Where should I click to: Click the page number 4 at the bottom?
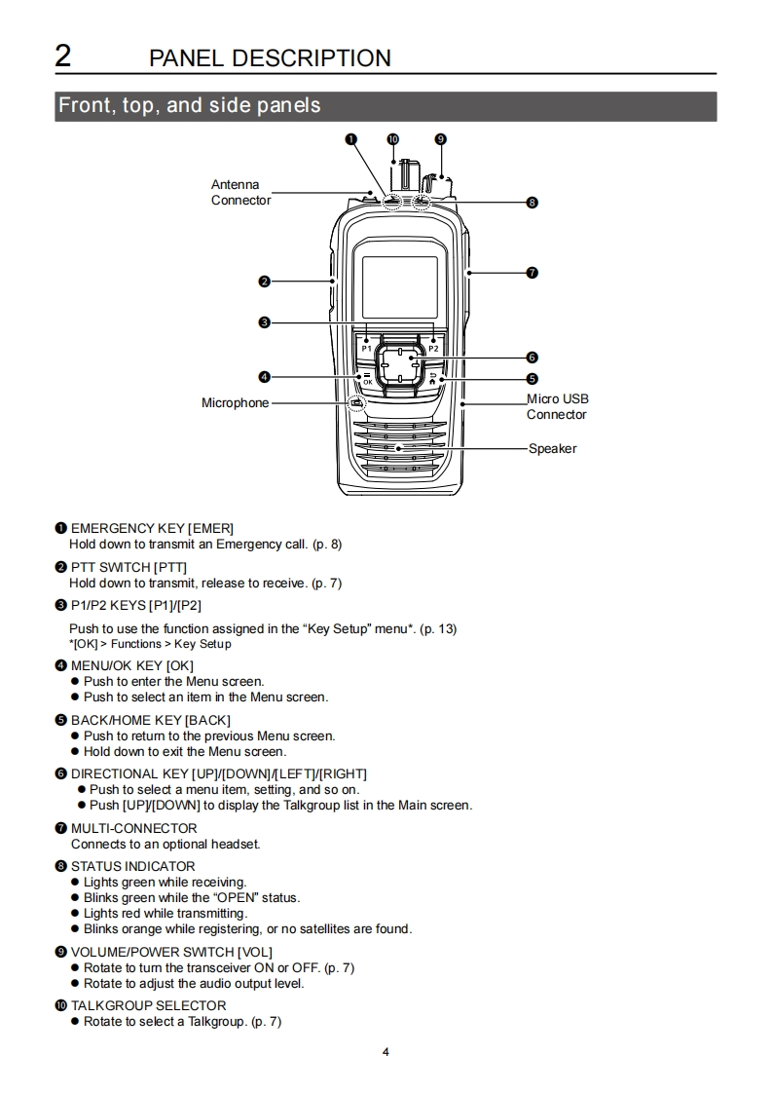coord(386,1052)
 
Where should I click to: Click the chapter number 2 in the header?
coord(62,56)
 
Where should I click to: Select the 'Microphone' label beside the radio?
coord(235,403)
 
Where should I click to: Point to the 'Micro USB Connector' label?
coord(557,406)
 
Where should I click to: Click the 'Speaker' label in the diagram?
coord(552,449)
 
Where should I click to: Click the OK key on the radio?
coord(366,380)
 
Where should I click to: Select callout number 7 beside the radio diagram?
coord(532,273)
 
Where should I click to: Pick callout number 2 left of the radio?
coord(264,282)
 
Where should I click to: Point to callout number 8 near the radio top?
coord(532,203)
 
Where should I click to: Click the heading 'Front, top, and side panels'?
coord(190,105)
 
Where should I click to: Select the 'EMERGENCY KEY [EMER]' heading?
coord(152,528)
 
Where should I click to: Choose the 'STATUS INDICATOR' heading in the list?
coord(132,866)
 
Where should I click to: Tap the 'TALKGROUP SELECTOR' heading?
coord(148,1005)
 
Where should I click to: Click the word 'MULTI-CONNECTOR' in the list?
coord(133,828)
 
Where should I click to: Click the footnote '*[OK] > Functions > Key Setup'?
coord(150,644)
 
